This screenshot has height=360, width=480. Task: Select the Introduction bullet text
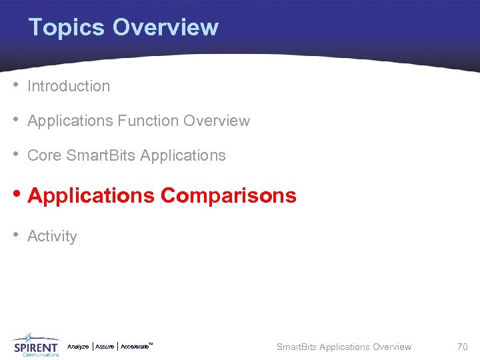[69, 86]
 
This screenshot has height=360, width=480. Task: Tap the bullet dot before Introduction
[15, 85]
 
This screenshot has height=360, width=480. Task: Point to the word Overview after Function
[217, 121]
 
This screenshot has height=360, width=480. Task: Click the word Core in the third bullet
[44, 155]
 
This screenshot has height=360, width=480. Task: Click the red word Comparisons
[229, 195]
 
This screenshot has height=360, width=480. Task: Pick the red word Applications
[91, 195]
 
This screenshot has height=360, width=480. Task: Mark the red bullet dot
[15, 195]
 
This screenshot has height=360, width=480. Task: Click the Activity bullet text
[52, 236]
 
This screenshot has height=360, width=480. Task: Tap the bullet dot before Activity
[15, 235]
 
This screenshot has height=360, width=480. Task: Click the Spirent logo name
[36, 347]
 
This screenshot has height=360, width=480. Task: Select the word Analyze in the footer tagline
[78, 347]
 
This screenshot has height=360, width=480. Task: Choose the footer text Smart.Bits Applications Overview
[344, 347]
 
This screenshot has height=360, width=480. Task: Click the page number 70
[462, 347]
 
